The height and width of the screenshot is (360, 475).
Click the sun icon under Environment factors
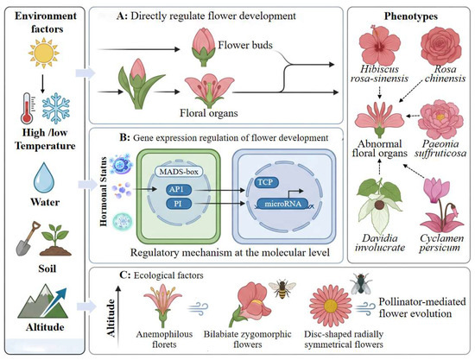[44, 53]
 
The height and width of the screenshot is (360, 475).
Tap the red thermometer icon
[27, 108]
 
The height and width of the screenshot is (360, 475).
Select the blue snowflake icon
[56, 108]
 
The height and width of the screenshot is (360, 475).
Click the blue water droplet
[44, 178]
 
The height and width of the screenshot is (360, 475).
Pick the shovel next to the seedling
[28, 238]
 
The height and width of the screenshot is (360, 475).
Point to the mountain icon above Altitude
[42, 302]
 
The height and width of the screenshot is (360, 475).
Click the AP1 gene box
[179, 190]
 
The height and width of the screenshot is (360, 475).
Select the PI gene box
[179, 204]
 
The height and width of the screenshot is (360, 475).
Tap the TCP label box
[266, 182]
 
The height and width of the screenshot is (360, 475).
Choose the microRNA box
[282, 204]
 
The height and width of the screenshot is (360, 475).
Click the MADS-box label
[179, 172]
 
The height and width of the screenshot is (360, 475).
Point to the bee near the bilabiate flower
[282, 288]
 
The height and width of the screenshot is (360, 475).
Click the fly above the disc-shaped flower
[361, 284]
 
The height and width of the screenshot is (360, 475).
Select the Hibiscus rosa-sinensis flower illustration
[380, 46]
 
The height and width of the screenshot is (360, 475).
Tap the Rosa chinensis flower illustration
[441, 46]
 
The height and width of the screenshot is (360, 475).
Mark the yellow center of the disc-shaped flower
[331, 306]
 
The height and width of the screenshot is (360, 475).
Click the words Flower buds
[245, 45]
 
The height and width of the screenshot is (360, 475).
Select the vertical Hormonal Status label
[104, 192]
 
